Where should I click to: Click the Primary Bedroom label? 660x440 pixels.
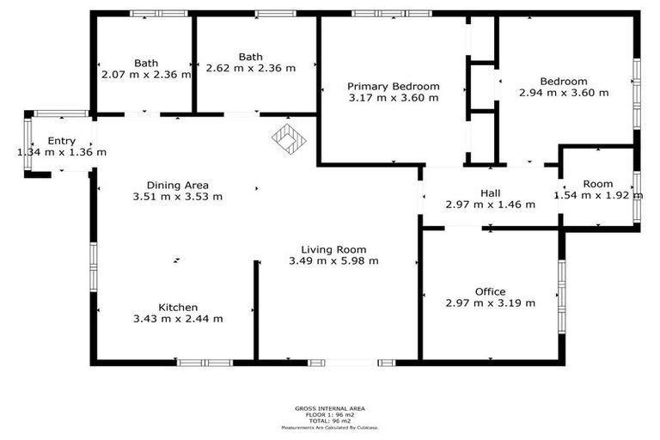coord(394,86)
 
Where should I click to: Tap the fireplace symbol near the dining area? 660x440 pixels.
coord(290,138)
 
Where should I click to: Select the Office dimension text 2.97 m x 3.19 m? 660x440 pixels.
coord(490,302)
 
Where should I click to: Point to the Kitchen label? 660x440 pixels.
coord(178,308)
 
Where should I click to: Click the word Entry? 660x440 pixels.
coord(62,141)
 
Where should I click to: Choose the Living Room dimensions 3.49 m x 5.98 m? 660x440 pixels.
coord(333,260)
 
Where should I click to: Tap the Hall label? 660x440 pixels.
coord(490,193)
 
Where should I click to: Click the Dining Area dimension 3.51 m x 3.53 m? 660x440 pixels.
coord(178,196)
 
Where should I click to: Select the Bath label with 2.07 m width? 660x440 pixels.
coord(146,63)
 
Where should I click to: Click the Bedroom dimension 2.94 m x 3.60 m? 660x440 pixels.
coord(564,92)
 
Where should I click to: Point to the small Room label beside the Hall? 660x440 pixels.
coord(598,184)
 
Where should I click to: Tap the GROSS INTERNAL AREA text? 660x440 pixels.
coord(330,409)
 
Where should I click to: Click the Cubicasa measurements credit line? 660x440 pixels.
coord(330,427)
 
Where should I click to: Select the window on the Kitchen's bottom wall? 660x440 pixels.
coord(205,363)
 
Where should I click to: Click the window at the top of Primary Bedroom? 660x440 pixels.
coord(392,13)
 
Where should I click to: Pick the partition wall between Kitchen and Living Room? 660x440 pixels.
coord(255,309)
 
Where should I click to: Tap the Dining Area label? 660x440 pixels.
coord(178,185)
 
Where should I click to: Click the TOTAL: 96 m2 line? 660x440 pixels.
coord(330,421)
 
